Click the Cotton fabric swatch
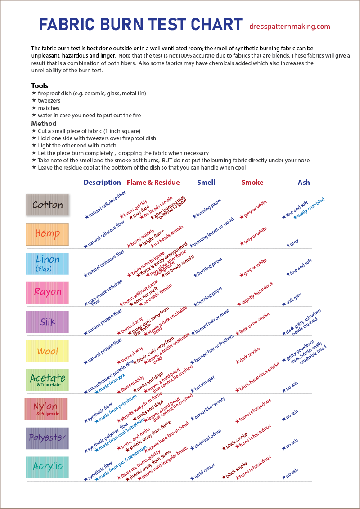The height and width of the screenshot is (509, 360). click(x=47, y=205)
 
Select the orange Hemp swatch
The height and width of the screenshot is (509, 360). click(x=47, y=234)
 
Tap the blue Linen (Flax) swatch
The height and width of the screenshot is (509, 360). click(x=47, y=263)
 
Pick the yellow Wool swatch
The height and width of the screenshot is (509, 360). click(x=47, y=351)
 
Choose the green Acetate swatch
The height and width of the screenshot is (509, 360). click(x=47, y=380)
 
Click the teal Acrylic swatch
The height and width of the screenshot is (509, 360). click(x=47, y=467)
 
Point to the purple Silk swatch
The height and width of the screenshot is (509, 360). click(x=47, y=322)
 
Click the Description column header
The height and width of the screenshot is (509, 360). click(x=102, y=183)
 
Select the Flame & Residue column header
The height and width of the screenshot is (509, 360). click(x=153, y=183)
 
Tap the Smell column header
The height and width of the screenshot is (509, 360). click(x=206, y=183)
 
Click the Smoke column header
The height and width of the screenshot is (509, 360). click(x=252, y=183)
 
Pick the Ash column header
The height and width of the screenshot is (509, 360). click(x=304, y=183)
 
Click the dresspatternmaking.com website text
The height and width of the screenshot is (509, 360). click(x=290, y=27)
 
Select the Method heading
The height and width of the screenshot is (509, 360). click(x=44, y=123)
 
